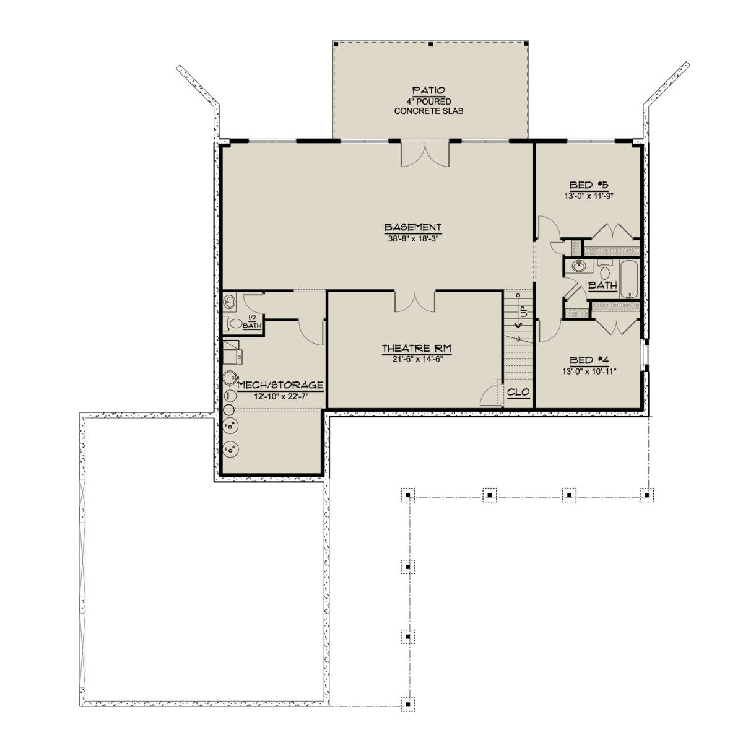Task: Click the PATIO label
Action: pyautogui.click(x=428, y=91)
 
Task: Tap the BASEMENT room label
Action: pyautogui.click(x=413, y=227)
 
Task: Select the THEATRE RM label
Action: pyautogui.click(x=417, y=349)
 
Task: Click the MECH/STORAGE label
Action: pyautogui.click(x=280, y=385)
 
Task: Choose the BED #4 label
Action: pyautogui.click(x=589, y=360)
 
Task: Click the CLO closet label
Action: pyautogui.click(x=519, y=392)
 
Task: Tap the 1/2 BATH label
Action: pyautogui.click(x=252, y=323)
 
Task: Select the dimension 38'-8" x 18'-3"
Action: pyautogui.click(x=414, y=238)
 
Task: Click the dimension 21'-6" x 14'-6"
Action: pyautogui.click(x=417, y=359)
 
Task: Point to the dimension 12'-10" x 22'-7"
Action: pyautogui.click(x=282, y=396)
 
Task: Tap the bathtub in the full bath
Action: pyautogui.click(x=630, y=279)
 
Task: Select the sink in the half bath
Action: pyautogui.click(x=230, y=302)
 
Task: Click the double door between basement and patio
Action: pyautogui.click(x=425, y=154)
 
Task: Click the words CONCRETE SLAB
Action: pyautogui.click(x=428, y=111)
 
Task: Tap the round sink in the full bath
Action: pyautogui.click(x=578, y=266)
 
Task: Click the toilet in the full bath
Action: pyautogui.click(x=605, y=271)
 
